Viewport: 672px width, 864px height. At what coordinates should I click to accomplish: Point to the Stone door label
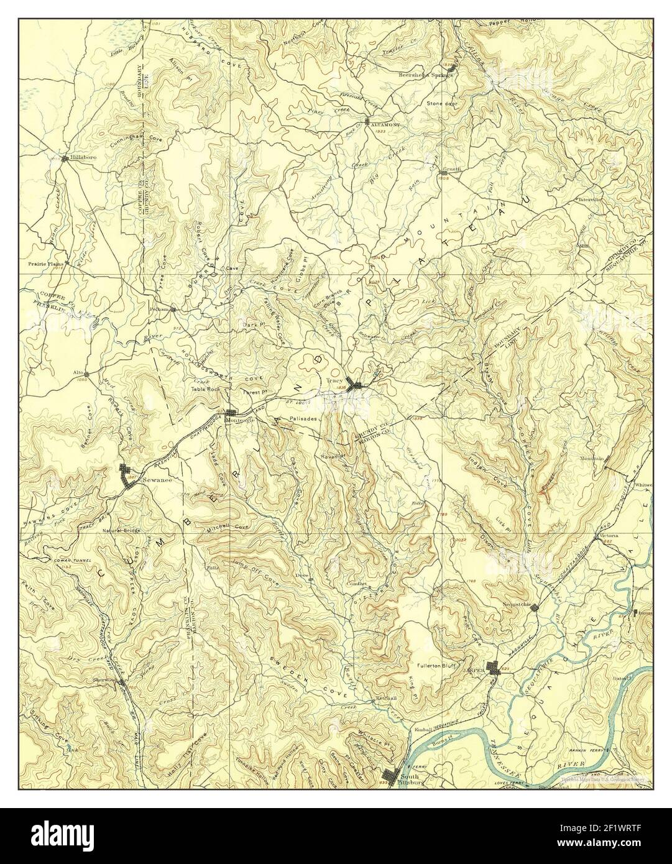coord(441,103)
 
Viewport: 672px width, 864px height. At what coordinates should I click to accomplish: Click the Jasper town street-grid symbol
coord(495,668)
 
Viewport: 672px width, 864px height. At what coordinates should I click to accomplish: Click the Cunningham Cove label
coord(136,141)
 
